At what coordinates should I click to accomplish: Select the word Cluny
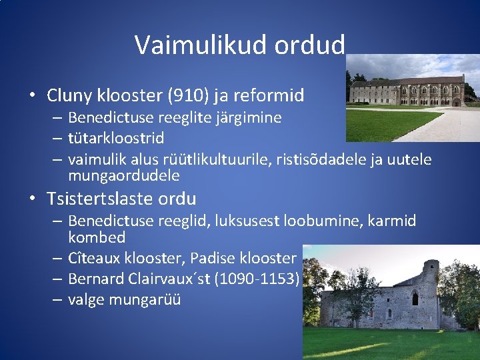pos(69,95)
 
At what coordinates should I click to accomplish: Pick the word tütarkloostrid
pos(116,139)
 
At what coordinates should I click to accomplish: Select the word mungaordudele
pos(124,176)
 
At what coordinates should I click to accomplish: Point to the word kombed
pos(97,237)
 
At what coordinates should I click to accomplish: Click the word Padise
pos(214,258)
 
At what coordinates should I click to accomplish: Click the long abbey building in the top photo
pos(407,91)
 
